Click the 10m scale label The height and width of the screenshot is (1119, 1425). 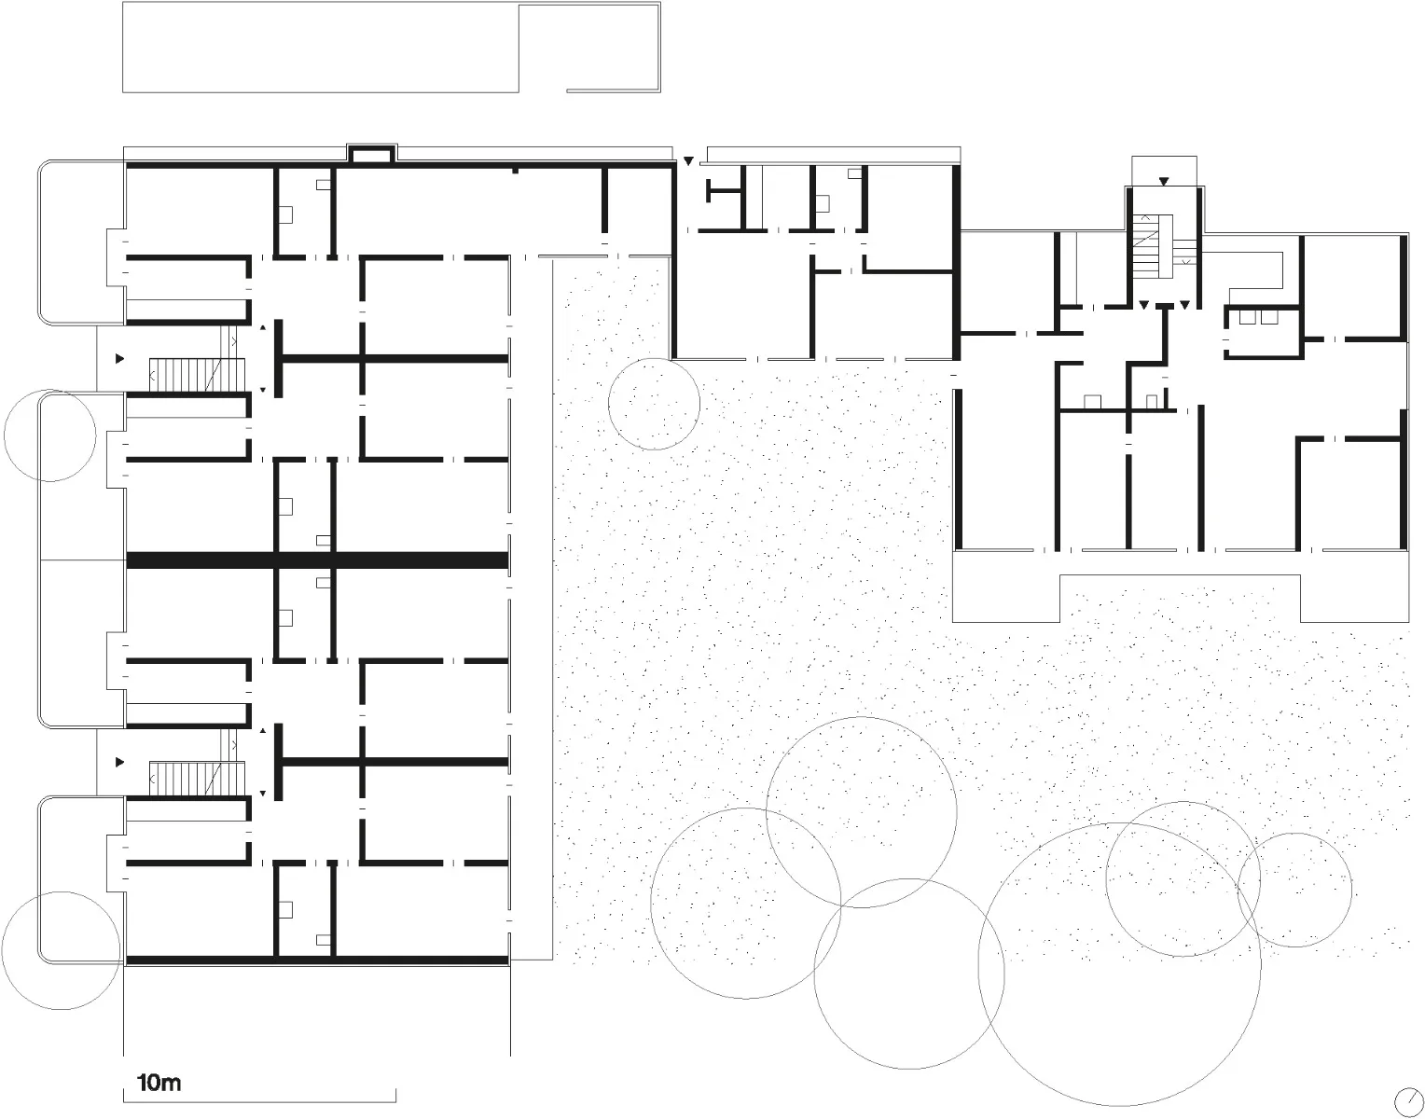coord(159,1083)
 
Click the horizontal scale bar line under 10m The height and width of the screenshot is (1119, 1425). coord(259,1102)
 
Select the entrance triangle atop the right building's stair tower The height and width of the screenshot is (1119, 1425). coord(1163,181)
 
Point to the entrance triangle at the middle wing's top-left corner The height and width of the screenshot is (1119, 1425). coord(688,160)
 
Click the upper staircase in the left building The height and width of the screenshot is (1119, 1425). coord(197,375)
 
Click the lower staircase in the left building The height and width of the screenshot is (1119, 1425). coord(197,779)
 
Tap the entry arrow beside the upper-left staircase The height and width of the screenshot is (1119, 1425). coord(119,359)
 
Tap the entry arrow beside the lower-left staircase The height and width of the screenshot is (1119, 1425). coord(119,762)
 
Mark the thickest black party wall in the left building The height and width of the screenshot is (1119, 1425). coord(317,559)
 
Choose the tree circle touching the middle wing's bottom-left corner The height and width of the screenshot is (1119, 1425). coord(654,404)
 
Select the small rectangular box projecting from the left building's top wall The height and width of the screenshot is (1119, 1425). coord(371,153)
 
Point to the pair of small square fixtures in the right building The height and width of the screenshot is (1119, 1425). coord(1258,317)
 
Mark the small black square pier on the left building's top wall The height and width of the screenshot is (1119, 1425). coord(516,171)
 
